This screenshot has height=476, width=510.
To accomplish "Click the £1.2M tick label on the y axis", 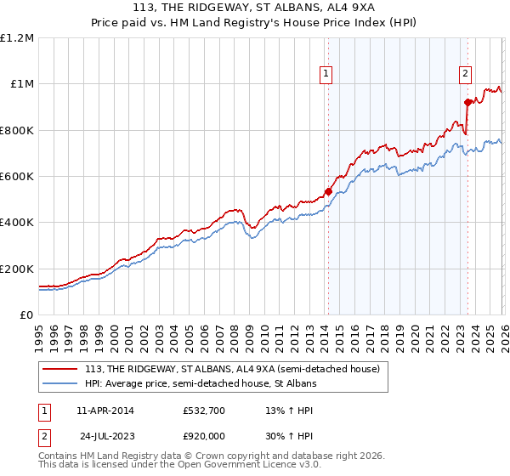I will pyautogui.click(x=17, y=38).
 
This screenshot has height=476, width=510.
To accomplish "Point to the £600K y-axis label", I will pyautogui.click(x=17, y=177).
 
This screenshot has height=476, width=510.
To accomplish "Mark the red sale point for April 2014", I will pyautogui.click(x=328, y=192).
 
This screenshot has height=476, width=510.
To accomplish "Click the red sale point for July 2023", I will pyautogui.click(x=467, y=103).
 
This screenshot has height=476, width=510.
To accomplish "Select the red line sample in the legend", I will pyautogui.click(x=60, y=369).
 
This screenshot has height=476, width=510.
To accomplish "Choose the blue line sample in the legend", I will pyautogui.click(x=60, y=384).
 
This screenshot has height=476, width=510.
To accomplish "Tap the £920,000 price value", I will pyautogui.click(x=204, y=434).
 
